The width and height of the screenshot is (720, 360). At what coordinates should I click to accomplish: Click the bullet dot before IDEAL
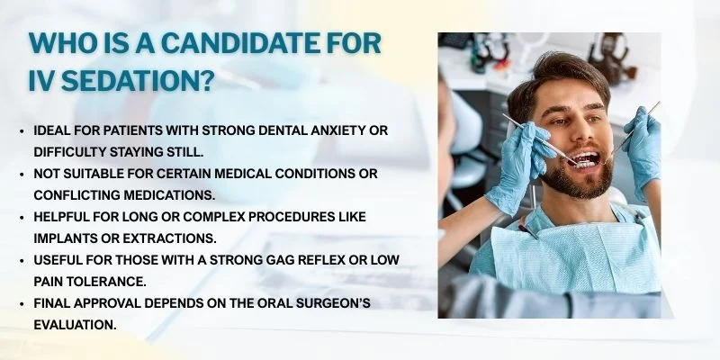[22, 130]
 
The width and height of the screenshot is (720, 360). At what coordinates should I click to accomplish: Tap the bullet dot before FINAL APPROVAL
[22, 303]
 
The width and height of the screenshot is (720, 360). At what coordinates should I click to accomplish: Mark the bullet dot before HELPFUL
[22, 217]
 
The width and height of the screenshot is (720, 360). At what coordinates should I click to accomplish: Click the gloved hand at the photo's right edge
[644, 144]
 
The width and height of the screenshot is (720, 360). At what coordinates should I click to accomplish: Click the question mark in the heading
[205, 83]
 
